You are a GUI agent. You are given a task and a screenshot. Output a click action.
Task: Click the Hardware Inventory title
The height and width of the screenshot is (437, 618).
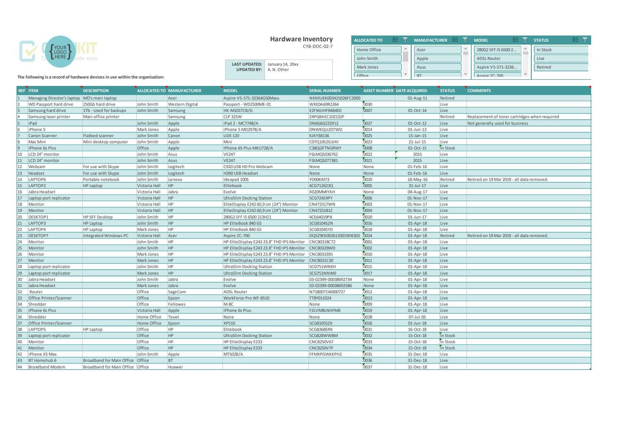click(301, 39)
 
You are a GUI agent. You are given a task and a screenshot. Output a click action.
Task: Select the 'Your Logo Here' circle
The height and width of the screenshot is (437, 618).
click(60, 52)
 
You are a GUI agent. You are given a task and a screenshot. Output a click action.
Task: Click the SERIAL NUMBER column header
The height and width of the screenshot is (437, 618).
click(325, 90)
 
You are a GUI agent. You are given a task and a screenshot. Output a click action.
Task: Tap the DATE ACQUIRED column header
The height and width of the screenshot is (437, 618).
click(411, 90)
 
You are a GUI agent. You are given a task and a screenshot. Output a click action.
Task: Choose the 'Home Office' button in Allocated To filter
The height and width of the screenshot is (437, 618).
click(377, 50)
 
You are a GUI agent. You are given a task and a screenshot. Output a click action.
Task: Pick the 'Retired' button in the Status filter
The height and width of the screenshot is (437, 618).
click(560, 67)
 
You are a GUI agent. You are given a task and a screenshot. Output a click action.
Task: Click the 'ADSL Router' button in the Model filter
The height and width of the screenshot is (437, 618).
click(497, 59)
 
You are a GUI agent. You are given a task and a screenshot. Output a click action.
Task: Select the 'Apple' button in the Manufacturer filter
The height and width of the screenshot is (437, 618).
click(437, 59)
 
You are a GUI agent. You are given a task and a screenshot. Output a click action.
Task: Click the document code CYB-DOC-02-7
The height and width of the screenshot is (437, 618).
click(317, 47)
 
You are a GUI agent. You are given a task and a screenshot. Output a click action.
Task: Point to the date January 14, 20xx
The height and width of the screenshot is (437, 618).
click(283, 64)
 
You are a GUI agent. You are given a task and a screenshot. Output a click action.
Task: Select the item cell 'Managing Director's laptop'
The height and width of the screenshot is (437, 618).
click(54, 98)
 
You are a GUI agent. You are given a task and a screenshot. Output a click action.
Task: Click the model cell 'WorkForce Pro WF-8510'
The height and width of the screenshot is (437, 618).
click(246, 298)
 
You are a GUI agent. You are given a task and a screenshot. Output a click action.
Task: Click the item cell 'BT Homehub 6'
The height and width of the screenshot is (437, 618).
click(43, 361)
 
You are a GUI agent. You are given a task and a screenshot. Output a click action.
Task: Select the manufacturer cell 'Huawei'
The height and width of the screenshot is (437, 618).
click(175, 367)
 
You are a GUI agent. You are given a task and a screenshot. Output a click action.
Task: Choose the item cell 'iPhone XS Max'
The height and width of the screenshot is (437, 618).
click(43, 354)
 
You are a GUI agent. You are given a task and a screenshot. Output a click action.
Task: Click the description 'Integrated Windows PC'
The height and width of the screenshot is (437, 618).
click(106, 236)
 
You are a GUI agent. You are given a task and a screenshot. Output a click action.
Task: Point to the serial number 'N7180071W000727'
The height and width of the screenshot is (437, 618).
click(327, 292)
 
